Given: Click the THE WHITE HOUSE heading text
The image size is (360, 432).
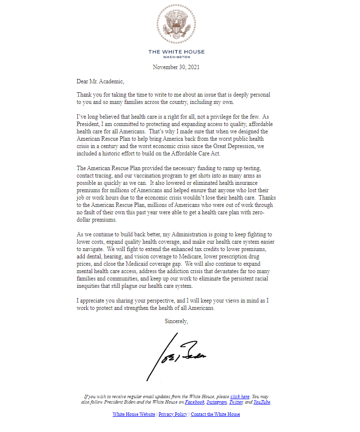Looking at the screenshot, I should point(176,51).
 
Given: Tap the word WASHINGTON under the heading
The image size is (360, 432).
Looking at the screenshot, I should point(176,57).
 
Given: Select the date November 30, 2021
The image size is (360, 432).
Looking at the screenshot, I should point(176,67).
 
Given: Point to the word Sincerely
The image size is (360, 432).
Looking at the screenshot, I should point(177,322).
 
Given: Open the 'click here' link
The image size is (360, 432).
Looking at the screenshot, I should point(240,396).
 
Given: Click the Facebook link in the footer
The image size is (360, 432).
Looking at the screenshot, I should point(194,402).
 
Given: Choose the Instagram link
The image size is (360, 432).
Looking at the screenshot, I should point(216,402).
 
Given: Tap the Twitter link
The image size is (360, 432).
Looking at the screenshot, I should point(236,402).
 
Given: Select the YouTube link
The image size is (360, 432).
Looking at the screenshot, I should point(262,402).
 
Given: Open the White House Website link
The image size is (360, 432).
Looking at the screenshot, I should point(134,414).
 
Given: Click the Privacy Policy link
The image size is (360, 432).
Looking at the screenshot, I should point(173,414).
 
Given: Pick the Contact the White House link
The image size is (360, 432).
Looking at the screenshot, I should point(216,414).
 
